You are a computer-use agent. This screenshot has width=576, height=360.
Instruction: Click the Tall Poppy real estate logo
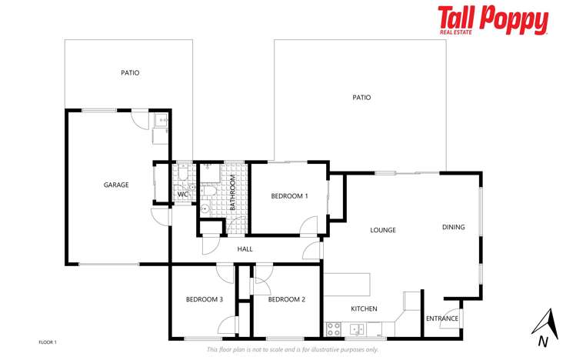pyautogui.click(x=493, y=20)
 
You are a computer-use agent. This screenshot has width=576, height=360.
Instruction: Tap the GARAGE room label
pyautogui.click(x=116, y=185)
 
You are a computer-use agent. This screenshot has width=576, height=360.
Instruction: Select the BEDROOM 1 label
pyautogui.click(x=289, y=196)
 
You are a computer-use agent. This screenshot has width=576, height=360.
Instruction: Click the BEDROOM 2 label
pyautogui.click(x=287, y=299)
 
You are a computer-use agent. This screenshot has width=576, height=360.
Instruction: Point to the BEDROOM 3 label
pyautogui.click(x=205, y=299)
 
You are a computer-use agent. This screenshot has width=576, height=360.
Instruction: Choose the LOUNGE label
pyautogui.click(x=382, y=230)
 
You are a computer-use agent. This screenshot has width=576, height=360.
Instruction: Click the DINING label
pyautogui.click(x=453, y=227)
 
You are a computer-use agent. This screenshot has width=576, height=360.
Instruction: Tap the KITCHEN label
pyautogui.click(x=364, y=308)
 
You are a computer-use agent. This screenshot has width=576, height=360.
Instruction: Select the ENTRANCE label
pyautogui.click(x=442, y=318)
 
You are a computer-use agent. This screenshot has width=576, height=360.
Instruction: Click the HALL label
pyautogui.click(x=245, y=249)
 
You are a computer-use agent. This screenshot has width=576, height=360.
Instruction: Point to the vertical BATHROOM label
pyautogui.click(x=232, y=193)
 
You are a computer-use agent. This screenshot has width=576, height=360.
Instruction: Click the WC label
pyautogui.click(x=182, y=195)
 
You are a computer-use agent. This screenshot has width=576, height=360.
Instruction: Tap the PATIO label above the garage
pyautogui.click(x=130, y=73)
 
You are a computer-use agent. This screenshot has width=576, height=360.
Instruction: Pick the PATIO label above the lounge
pyautogui.click(x=361, y=98)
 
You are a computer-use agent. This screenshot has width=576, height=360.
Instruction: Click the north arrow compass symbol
pyautogui.click(x=544, y=327)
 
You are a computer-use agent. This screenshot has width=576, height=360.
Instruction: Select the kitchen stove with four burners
pyautogui.click(x=334, y=329)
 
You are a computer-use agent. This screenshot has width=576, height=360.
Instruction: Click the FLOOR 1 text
pyautogui.click(x=48, y=342)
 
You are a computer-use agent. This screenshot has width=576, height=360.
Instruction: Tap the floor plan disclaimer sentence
pyautogui.click(x=292, y=349)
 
